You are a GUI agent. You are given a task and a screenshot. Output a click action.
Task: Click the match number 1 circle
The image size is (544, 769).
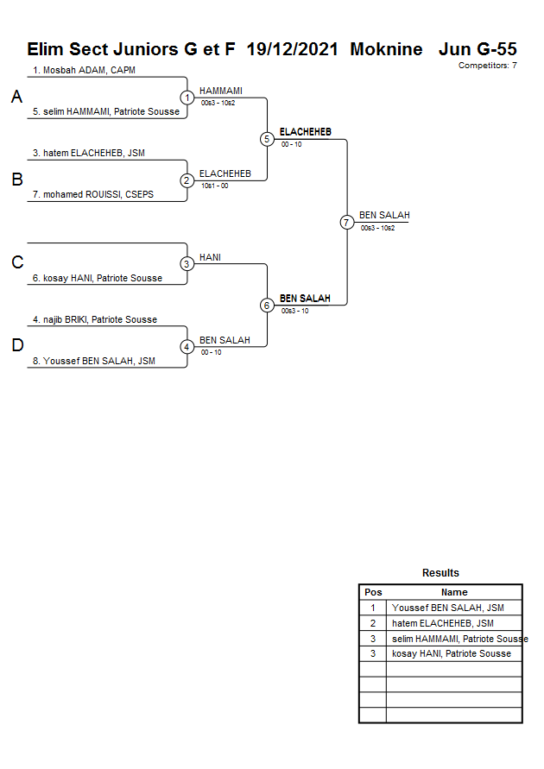(187, 98)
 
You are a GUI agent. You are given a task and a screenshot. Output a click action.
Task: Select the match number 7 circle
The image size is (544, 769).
(346, 223)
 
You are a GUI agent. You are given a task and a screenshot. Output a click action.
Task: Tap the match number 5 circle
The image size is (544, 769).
(267, 139)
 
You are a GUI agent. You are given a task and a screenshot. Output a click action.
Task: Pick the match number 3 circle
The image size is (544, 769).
(187, 264)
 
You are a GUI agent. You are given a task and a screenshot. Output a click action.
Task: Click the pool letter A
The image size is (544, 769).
(16, 98)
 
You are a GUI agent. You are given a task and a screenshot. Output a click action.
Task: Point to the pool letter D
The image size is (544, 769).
(16, 346)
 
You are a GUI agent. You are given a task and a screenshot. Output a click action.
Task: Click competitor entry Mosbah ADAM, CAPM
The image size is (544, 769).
(84, 70)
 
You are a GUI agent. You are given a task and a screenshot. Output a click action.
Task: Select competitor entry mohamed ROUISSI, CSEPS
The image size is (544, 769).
(93, 195)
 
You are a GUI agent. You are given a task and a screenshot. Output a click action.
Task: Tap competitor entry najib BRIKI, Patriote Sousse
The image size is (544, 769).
(95, 319)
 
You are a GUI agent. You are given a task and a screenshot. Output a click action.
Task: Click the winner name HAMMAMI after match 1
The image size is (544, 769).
(221, 91)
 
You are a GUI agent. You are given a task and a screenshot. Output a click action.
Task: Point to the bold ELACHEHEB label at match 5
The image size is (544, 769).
(305, 132)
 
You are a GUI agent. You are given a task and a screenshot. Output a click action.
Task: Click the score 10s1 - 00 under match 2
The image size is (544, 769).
(214, 186)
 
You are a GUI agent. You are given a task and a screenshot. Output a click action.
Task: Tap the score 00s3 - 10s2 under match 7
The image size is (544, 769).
(377, 228)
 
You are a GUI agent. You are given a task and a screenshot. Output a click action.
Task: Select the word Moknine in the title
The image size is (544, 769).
(386, 49)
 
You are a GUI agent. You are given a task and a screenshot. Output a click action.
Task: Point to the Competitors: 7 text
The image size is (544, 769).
(487, 66)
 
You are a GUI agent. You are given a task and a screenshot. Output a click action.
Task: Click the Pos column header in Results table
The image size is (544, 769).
(373, 592)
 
